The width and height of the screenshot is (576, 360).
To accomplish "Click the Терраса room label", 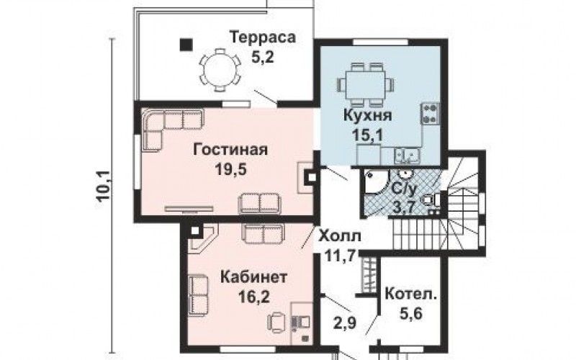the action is [262, 37].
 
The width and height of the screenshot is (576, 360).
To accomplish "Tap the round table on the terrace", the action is [220, 70].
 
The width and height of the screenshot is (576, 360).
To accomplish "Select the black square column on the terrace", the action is [186, 45].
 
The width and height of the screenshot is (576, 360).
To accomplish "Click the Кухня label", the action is [368, 115].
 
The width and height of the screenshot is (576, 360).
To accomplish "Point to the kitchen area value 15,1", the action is [368, 135].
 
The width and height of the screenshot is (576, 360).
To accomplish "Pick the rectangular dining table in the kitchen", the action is [366, 84].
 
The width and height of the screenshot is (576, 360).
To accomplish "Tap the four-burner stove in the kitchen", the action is [431, 113].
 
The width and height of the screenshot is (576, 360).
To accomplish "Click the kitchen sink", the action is [407, 155].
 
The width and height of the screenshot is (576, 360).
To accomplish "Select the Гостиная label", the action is [230, 150].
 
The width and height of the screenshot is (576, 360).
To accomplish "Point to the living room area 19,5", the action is [230, 170].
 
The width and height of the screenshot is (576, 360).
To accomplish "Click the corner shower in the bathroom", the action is [374, 181].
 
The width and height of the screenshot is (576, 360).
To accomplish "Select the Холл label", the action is [340, 236].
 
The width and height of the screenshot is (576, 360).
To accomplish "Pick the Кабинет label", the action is [253, 277].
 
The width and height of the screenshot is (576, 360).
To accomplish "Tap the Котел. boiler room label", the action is [411, 294].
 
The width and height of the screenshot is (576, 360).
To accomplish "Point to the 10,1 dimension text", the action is [105, 187].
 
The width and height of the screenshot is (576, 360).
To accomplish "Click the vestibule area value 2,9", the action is [346, 323].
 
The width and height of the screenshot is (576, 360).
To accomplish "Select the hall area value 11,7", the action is [340, 255].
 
